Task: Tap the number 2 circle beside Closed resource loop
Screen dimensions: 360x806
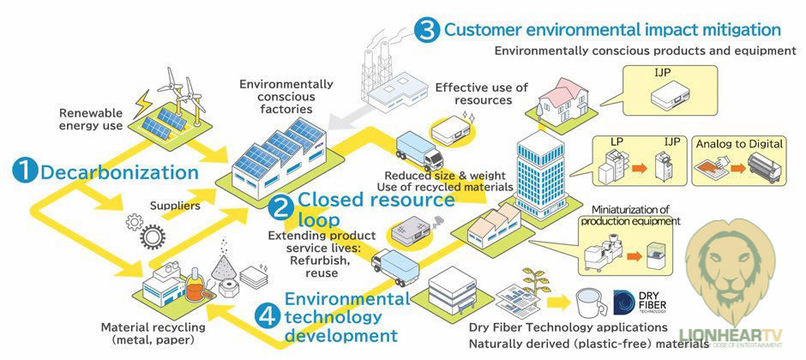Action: [280, 207]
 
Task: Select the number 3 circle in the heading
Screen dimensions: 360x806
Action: [426, 30]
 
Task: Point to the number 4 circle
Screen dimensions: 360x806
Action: [268, 316]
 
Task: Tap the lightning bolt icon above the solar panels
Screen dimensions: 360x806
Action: [141, 101]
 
